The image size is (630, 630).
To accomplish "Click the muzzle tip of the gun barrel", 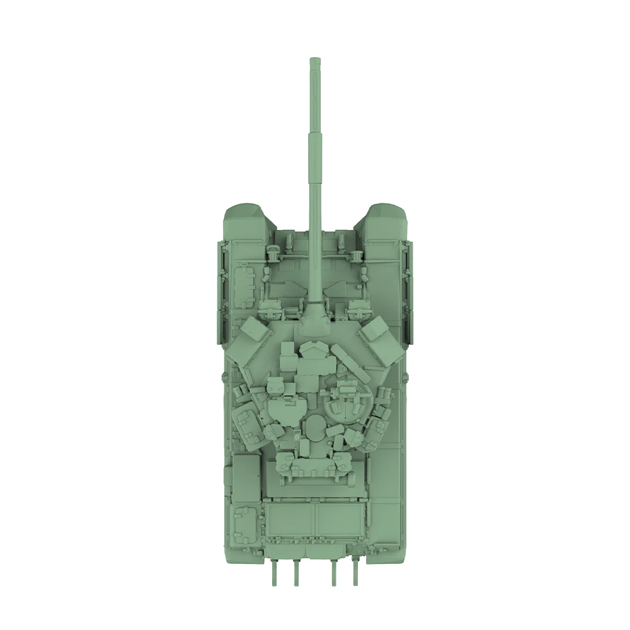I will (315, 61).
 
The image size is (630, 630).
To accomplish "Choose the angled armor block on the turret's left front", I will (249, 341).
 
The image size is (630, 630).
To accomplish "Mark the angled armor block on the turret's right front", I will (381, 341).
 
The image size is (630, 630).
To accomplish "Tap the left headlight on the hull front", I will (273, 252).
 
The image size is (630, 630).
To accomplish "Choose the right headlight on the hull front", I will (357, 252).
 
